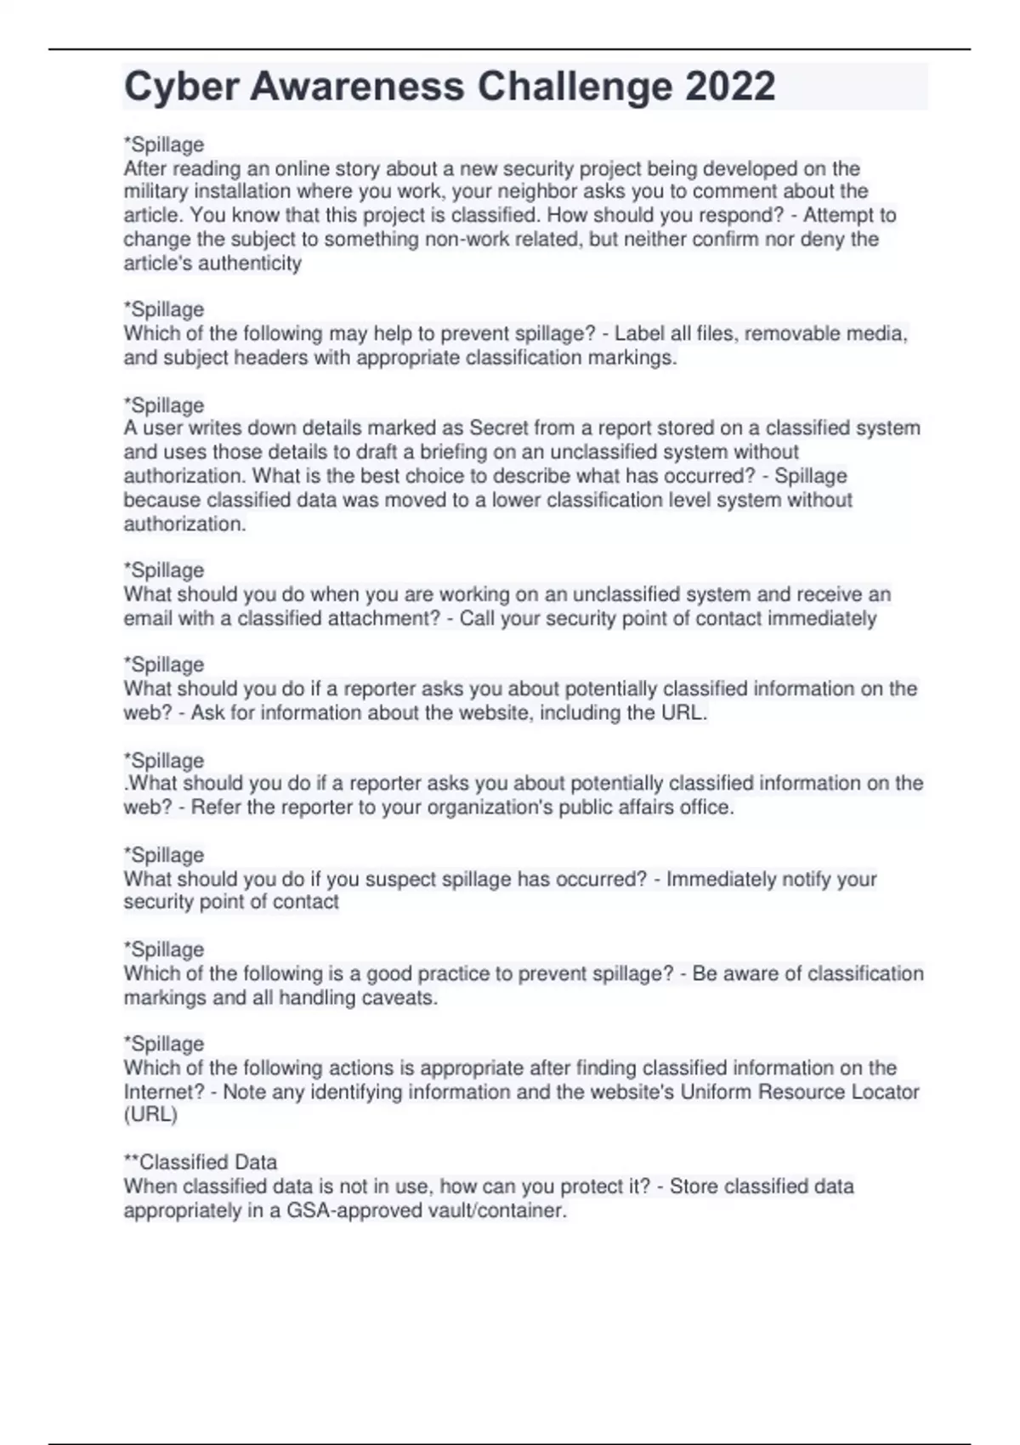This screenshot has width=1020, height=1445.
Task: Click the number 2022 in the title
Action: coord(729,87)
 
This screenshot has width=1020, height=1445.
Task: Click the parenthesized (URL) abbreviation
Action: coord(150,1115)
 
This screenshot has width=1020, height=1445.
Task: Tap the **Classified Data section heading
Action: coord(201,1162)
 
